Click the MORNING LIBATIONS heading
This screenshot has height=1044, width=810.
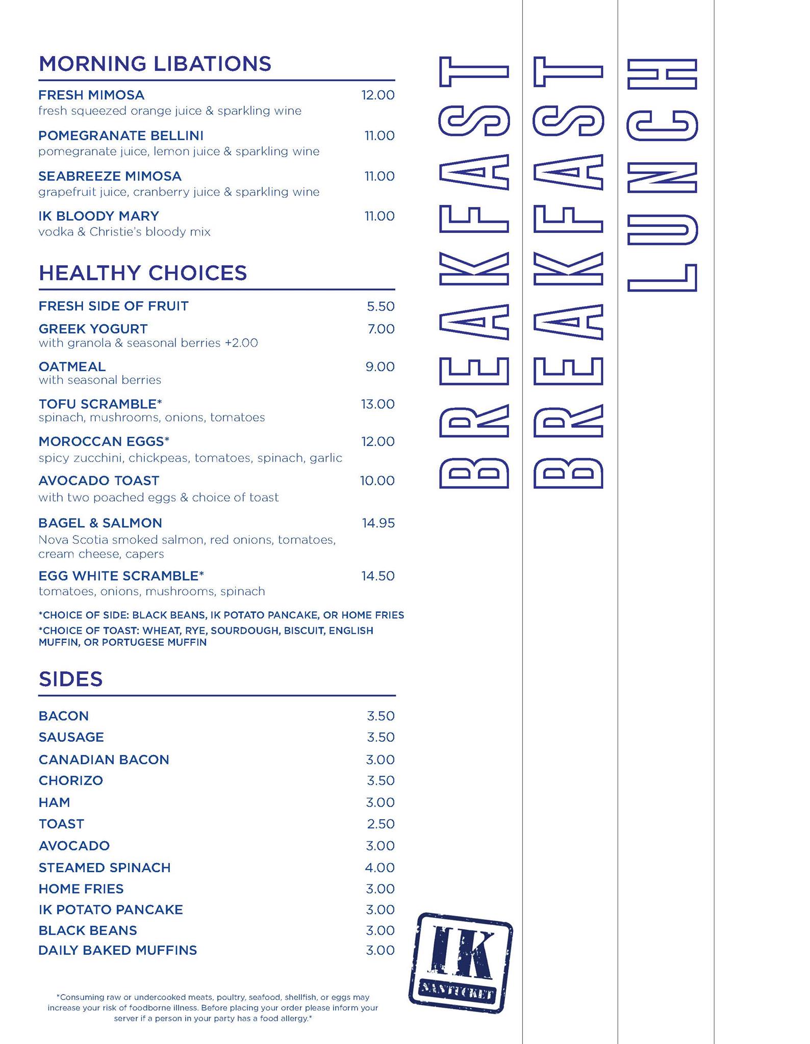point(155,64)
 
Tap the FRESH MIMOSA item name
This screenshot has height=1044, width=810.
point(91,95)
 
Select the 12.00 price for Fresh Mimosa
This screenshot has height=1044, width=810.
point(377,95)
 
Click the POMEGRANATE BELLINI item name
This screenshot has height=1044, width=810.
point(121,136)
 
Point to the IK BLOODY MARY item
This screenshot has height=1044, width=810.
point(98,216)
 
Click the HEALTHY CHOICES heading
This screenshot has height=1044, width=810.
point(143,273)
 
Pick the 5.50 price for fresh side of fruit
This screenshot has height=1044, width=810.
point(381,306)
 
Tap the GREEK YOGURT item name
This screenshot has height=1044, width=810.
point(93,329)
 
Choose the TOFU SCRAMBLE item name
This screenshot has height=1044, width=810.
point(100,404)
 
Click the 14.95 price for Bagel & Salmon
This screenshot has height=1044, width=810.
point(378,523)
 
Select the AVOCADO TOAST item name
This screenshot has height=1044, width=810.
point(98,481)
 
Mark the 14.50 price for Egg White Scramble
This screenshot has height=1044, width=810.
point(378,576)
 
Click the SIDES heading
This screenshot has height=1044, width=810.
point(70,679)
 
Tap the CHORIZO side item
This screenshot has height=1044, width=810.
point(70,780)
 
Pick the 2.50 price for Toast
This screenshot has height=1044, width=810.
point(381,824)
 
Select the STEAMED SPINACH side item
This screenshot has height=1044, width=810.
point(105,868)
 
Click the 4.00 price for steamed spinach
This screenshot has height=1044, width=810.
point(380,868)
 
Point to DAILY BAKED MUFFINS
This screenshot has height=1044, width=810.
point(117,950)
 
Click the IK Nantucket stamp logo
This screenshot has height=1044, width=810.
point(461,962)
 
